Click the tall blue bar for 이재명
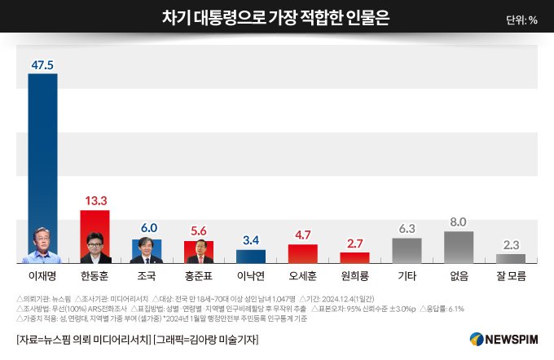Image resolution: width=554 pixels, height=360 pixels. pyautogui.click(x=43, y=163)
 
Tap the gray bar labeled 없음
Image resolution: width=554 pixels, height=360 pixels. pyautogui.click(x=459, y=247)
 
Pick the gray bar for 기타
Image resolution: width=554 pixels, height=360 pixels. pyautogui.click(x=407, y=250)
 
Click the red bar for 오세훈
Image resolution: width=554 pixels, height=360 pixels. pyautogui.click(x=303, y=253)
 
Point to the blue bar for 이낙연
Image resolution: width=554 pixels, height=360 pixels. pyautogui.click(x=251, y=256)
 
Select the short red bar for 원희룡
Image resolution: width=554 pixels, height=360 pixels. pyautogui.click(x=354, y=257)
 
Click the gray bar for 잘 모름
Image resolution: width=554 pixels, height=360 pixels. pyautogui.click(x=511, y=258)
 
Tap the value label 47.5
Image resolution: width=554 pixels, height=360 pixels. pyautogui.click(x=42, y=64)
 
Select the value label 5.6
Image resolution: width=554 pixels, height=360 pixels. pyautogui.click(x=199, y=230)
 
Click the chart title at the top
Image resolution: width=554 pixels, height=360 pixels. pyautogui.click(x=276, y=18)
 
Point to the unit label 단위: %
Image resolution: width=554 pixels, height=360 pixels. pyautogui.click(x=521, y=20)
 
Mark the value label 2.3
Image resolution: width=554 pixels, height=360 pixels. pyautogui.click(x=511, y=244)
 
